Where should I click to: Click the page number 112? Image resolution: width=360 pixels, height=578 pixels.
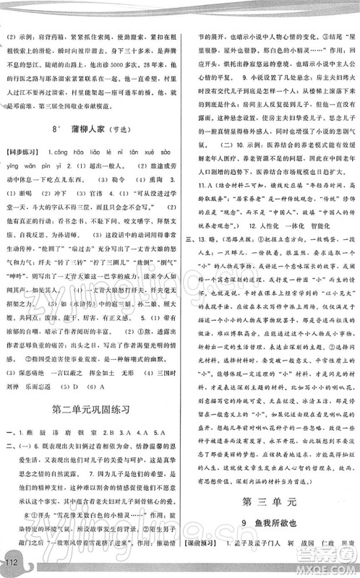click(11, 563)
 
